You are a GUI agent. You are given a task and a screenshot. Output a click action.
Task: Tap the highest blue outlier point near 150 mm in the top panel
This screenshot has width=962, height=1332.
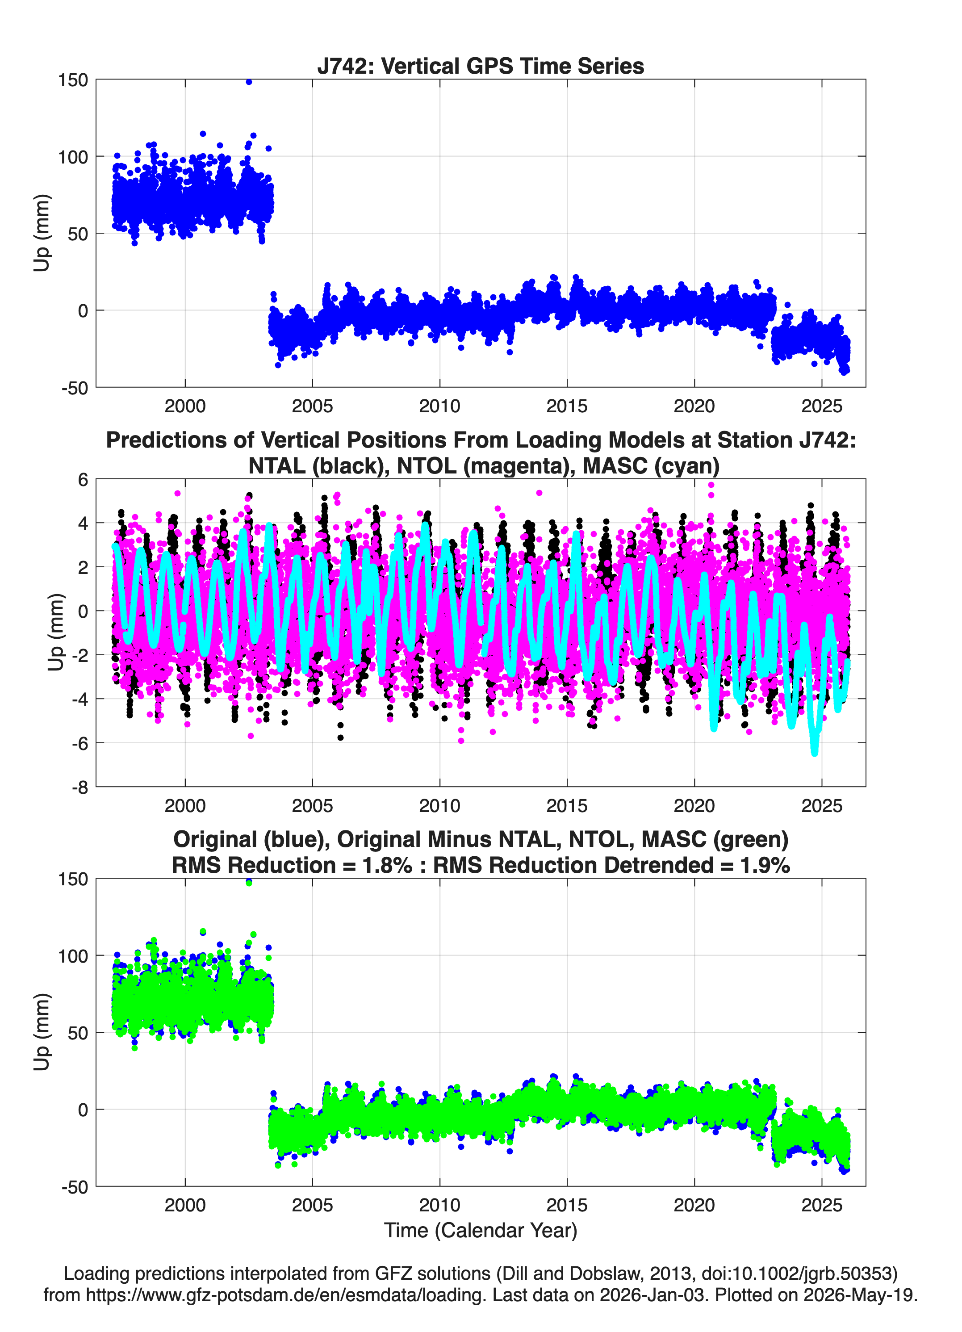tap(249, 82)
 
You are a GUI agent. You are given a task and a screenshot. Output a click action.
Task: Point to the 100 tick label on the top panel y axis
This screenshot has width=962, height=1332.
tap(73, 157)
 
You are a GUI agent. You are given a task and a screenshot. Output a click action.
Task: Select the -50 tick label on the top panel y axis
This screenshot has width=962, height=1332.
tap(75, 388)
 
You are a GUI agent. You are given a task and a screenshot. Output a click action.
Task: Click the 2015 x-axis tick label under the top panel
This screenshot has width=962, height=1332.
tap(567, 406)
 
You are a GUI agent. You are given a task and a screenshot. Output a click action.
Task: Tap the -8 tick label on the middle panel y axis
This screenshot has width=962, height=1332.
tap(80, 787)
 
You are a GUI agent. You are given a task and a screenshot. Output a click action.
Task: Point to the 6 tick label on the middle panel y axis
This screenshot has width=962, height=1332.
tap(83, 479)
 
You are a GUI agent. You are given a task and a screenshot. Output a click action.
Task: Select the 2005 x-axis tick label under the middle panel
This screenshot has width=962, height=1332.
tap(313, 805)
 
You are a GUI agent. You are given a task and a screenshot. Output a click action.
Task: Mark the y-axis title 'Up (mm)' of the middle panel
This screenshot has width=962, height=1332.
tap(56, 632)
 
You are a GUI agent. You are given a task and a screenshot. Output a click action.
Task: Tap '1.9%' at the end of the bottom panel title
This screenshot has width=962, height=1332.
tap(765, 865)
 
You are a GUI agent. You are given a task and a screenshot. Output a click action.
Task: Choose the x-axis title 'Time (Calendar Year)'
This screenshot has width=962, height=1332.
tap(481, 1231)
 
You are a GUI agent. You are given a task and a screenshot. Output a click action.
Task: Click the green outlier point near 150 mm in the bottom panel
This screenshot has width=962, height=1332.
tap(249, 883)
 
